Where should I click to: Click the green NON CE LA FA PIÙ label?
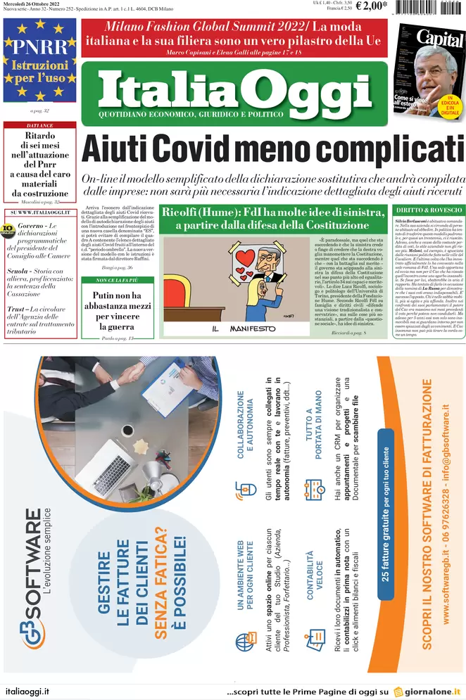[109, 281]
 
